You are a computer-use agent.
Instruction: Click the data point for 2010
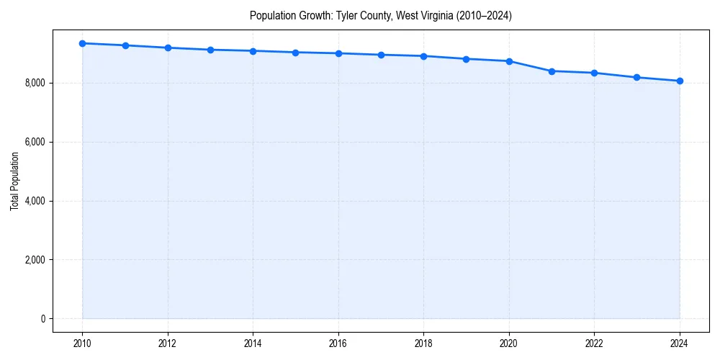83,43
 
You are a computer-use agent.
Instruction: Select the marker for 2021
552,71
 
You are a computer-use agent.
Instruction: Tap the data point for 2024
680,81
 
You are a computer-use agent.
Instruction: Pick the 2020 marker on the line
509,61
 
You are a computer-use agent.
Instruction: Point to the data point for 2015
296,52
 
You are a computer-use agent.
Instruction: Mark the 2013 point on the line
210,50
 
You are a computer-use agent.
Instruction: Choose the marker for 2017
381,55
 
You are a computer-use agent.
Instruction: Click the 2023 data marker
637,77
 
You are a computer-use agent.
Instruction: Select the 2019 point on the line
467,59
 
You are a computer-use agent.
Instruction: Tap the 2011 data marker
125,45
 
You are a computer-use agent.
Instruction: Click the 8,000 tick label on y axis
35,84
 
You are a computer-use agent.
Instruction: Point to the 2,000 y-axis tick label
35,260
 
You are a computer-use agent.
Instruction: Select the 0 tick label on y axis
42,319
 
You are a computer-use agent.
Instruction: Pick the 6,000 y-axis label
35,143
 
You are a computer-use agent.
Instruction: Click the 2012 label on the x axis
168,343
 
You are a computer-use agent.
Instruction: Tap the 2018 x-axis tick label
423,343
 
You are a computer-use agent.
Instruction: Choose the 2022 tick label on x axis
594,343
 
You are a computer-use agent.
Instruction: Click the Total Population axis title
15,181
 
